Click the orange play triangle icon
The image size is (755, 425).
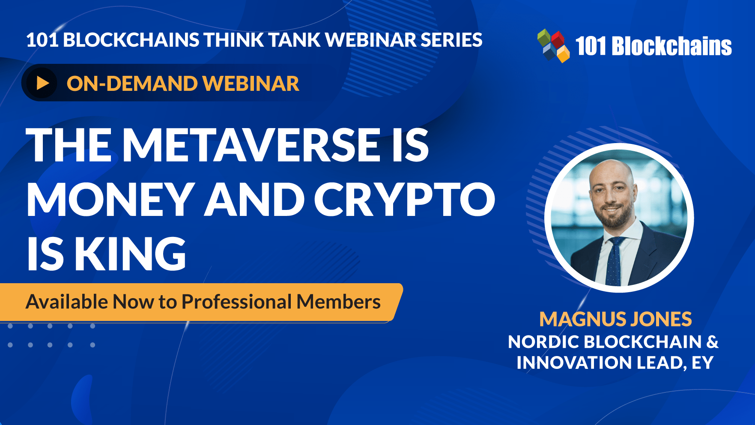(x=43, y=83)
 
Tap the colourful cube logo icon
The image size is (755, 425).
(x=553, y=45)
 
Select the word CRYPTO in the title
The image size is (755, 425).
(x=405, y=199)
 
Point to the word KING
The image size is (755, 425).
(x=131, y=254)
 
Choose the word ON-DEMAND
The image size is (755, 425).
(x=132, y=83)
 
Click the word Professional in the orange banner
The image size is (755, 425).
(x=237, y=302)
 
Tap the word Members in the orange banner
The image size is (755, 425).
(x=339, y=302)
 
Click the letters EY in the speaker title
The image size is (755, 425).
(x=702, y=363)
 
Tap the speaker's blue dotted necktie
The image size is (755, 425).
(x=613, y=261)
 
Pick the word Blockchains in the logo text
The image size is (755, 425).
(x=672, y=46)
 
